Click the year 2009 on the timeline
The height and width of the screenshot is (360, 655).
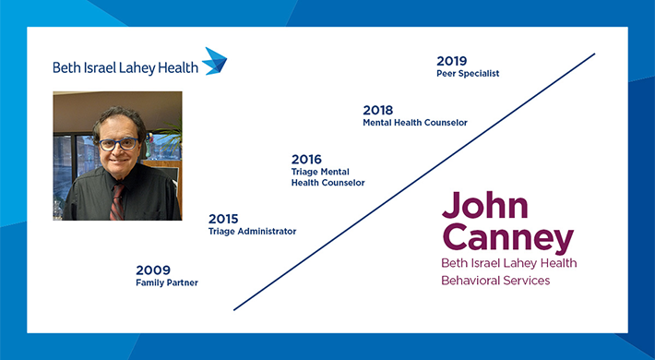[153, 270]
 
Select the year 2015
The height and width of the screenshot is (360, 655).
[223, 219]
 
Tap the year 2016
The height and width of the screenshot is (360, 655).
[306, 159]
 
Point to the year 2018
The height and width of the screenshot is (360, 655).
[378, 110]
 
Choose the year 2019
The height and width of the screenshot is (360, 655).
[452, 61]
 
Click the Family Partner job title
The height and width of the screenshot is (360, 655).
[167, 282]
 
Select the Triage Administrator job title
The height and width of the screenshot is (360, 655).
[252, 232]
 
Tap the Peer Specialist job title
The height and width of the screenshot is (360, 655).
[468, 74]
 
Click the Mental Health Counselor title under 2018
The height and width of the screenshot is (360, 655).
[415, 123]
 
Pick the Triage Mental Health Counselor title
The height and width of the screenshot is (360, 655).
[327, 177]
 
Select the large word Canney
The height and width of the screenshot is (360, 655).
[507, 238]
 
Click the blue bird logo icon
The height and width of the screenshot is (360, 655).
[215, 60]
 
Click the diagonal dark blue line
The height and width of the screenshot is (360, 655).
[415, 180]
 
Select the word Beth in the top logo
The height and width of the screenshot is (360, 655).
[65, 66]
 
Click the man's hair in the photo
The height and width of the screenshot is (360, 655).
[117, 118]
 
